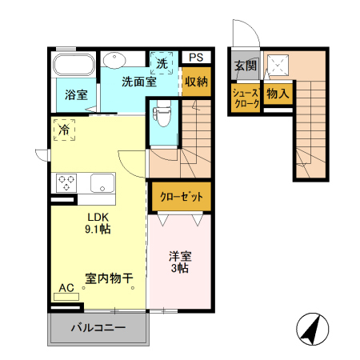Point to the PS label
(196, 58)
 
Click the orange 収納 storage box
(196, 82)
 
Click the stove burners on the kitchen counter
(65, 182)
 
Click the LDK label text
(98, 217)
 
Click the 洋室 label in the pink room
(179, 256)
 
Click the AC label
(66, 286)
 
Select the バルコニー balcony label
(98, 328)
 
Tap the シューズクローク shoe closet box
(244, 97)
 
